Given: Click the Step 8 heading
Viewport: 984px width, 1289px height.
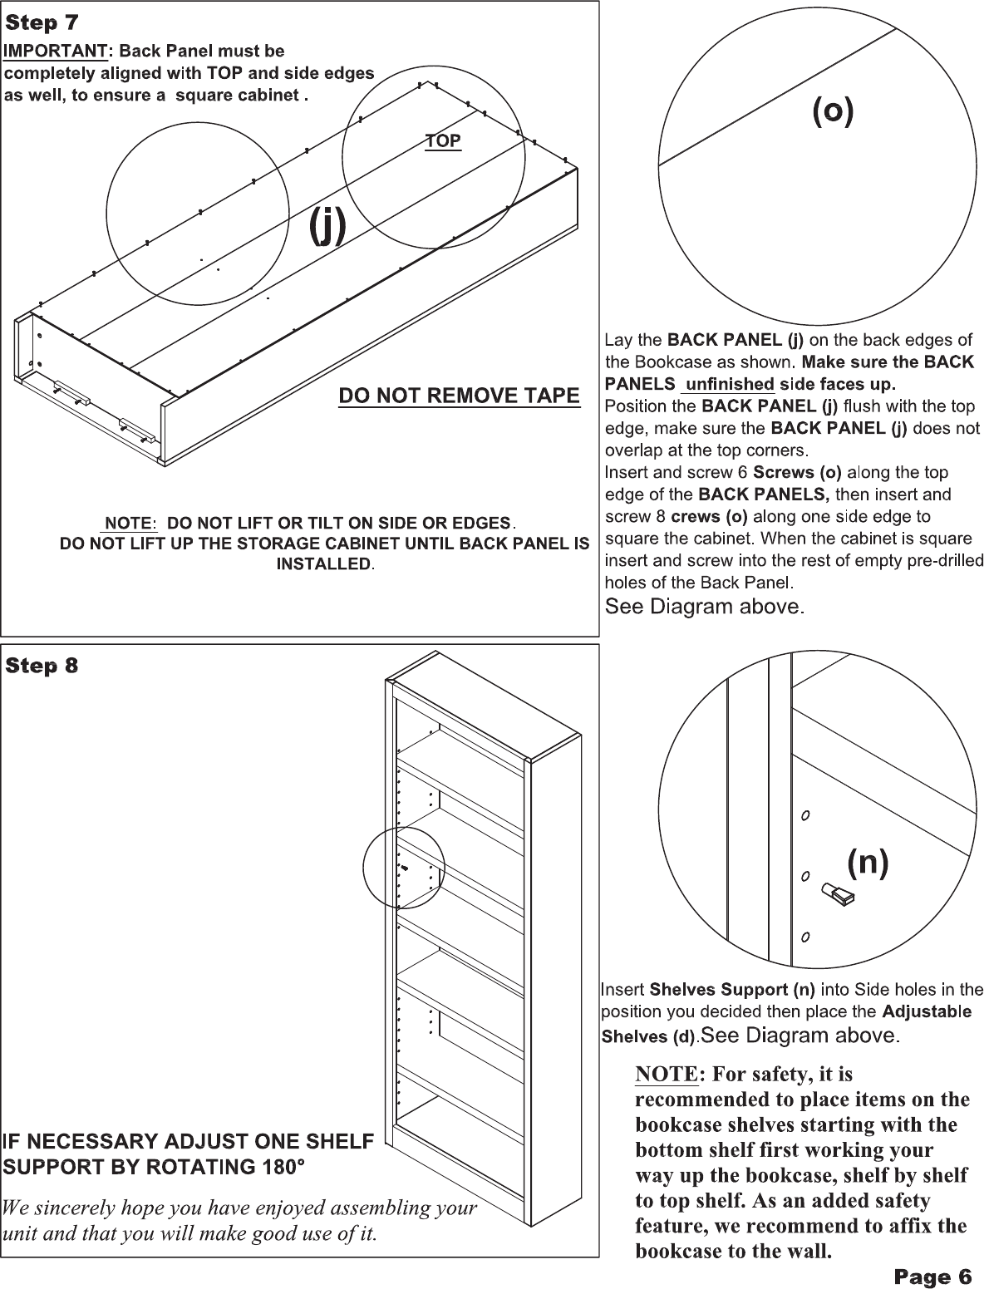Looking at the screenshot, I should pyautogui.click(x=42, y=666).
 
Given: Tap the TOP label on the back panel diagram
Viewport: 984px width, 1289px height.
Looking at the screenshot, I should pyautogui.click(x=443, y=141).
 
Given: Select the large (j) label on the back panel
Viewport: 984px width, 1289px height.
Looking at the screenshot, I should pyautogui.click(x=327, y=226).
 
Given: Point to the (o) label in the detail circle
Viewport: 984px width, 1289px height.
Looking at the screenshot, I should pyautogui.click(x=832, y=112).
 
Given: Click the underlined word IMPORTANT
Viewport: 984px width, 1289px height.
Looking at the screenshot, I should pyautogui.click(x=56, y=52).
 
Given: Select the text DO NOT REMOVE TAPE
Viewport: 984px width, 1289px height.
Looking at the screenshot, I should pyautogui.click(x=459, y=396).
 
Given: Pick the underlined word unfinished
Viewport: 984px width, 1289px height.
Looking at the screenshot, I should pyautogui.click(x=727, y=384).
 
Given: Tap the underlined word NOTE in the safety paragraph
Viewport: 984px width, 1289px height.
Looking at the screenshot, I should pyautogui.click(x=666, y=1075).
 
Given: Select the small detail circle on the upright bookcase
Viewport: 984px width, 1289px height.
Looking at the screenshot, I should pyautogui.click(x=404, y=869).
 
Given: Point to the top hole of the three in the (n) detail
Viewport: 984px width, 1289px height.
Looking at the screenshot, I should pyautogui.click(x=805, y=814).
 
